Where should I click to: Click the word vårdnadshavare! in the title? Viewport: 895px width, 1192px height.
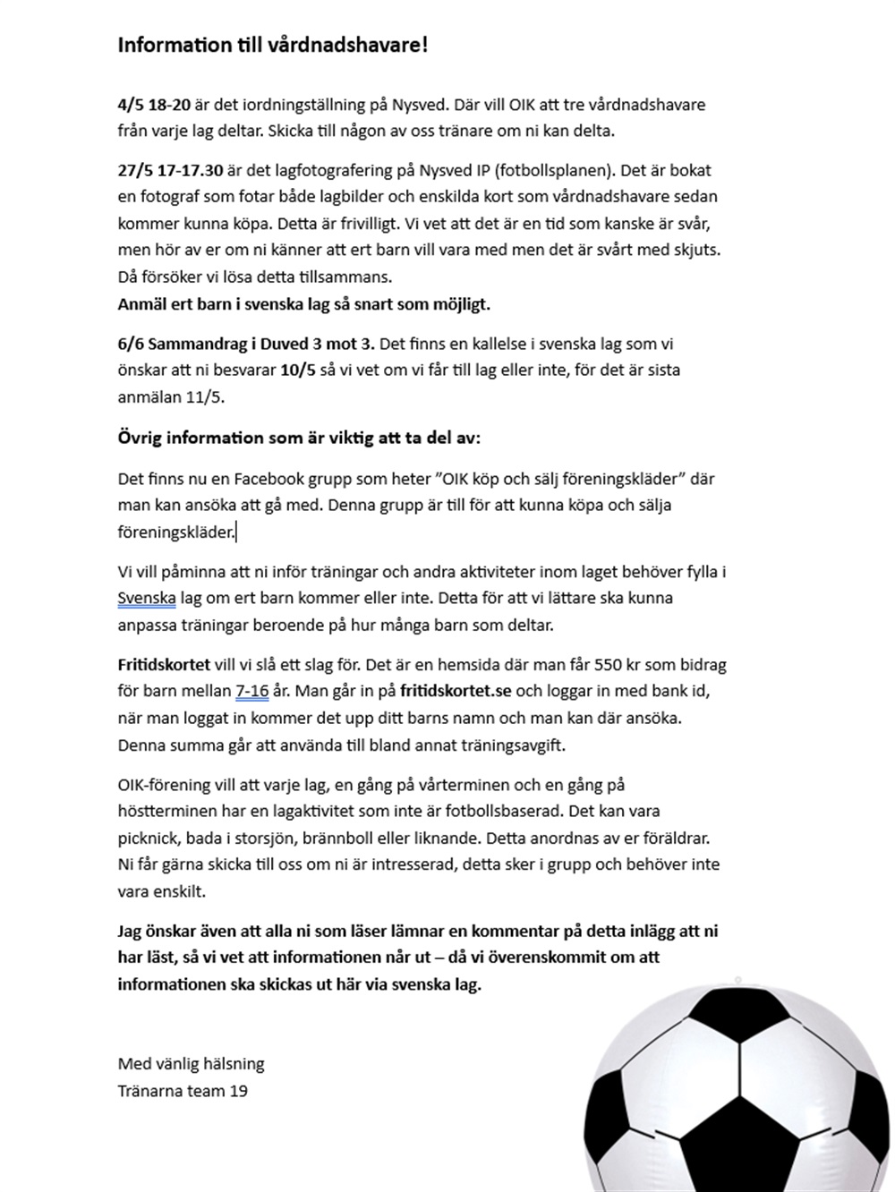pyautogui.click(x=348, y=45)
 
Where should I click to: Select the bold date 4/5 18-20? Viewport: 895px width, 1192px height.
pyautogui.click(x=154, y=104)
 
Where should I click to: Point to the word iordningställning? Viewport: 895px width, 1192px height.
pyautogui.click(x=294, y=104)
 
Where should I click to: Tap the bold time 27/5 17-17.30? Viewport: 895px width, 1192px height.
pyautogui.click(x=170, y=170)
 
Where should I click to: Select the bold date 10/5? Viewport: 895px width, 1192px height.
pyautogui.click(x=296, y=370)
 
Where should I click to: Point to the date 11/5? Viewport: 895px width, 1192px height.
pyautogui.click(x=205, y=396)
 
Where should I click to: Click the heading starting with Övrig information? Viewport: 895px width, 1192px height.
pyautogui.click(x=299, y=438)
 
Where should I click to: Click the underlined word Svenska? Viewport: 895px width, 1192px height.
pyautogui.click(x=147, y=598)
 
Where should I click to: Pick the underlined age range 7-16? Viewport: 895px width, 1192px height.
pyautogui.click(x=251, y=691)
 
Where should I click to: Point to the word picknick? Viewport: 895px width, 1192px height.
pyautogui.click(x=147, y=838)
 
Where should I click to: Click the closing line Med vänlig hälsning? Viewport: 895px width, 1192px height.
pyautogui.click(x=191, y=1064)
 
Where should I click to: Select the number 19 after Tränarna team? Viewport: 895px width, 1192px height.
pyautogui.click(x=238, y=1091)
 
